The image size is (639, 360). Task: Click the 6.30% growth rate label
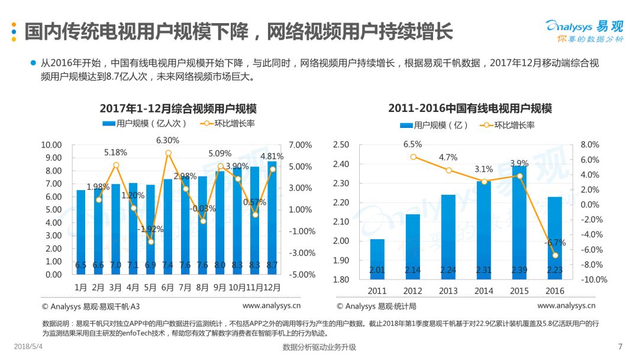[167, 140]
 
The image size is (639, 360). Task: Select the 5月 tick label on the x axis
[150, 287]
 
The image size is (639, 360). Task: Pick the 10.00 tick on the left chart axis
[51, 145]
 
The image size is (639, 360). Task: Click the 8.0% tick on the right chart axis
[590, 145]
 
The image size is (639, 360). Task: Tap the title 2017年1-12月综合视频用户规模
[178, 109]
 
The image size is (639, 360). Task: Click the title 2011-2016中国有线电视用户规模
[470, 109]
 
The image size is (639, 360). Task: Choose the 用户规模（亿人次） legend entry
[145, 124]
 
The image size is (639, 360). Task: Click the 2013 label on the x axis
[448, 291]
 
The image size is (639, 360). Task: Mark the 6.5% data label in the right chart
[412, 144]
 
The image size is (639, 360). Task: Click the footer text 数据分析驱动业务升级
[319, 348]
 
